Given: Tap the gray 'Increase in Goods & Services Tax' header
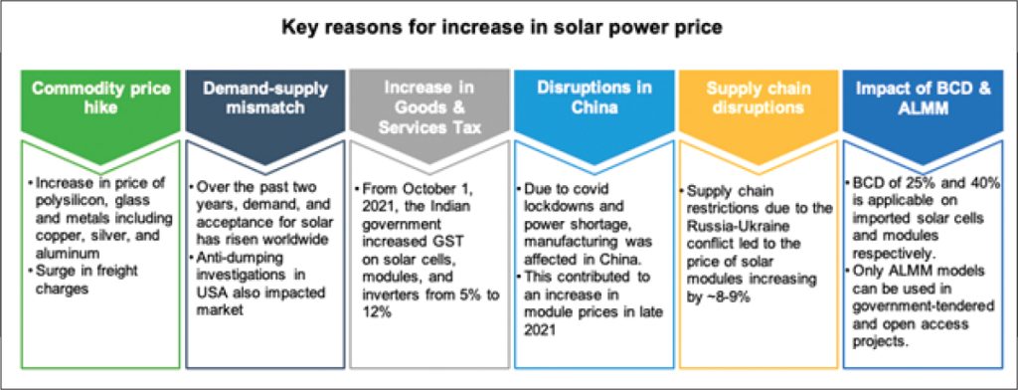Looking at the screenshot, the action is pos(429,107).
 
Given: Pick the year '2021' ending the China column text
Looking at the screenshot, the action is pos(539,328).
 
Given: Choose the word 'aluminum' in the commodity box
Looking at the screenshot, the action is pos(59,252).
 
